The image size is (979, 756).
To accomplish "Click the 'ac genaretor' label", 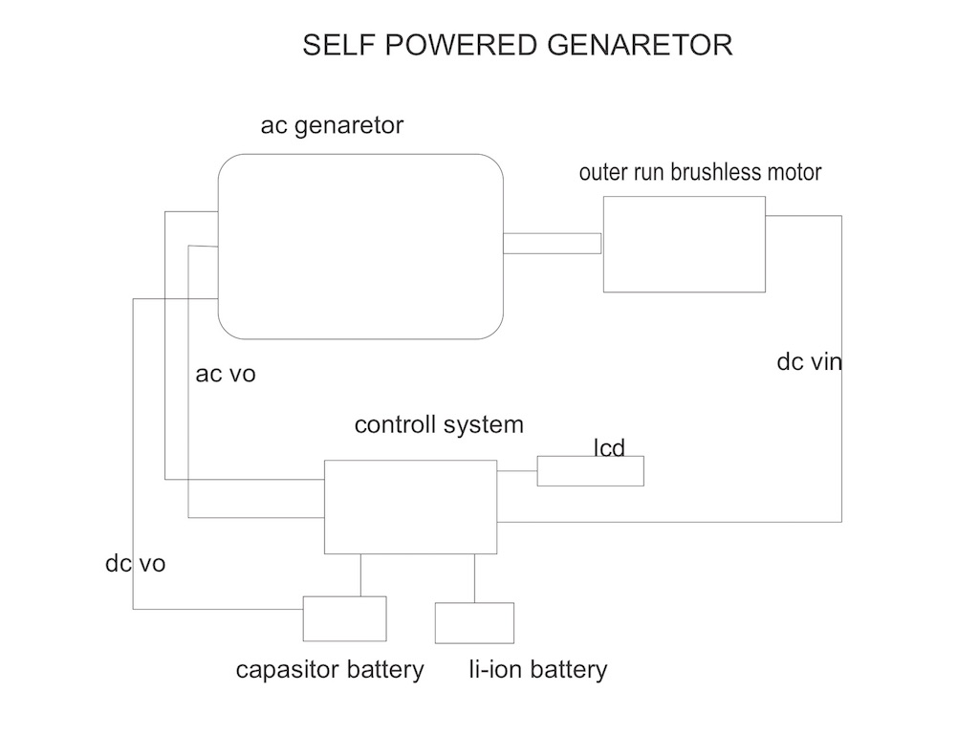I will pyautogui.click(x=332, y=125).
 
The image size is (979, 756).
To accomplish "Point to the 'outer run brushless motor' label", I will pyautogui.click(x=700, y=172).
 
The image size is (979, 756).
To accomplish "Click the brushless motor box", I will pyautogui.click(x=684, y=244).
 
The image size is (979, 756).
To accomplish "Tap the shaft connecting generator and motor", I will pyautogui.click(x=552, y=244).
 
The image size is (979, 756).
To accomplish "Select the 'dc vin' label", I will pyautogui.click(x=810, y=362).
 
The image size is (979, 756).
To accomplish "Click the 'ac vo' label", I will pyautogui.click(x=226, y=374).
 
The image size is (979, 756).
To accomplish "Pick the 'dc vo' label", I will pyautogui.click(x=135, y=564).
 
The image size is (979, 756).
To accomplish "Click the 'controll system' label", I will pyautogui.click(x=439, y=424).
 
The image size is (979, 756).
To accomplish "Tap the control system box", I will pyautogui.click(x=410, y=507).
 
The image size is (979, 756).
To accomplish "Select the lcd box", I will pyautogui.click(x=590, y=471).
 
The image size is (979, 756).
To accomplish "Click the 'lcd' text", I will pyautogui.click(x=609, y=447).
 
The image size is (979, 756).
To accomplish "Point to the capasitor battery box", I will pyautogui.click(x=344, y=618).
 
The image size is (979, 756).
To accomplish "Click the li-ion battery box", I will pyautogui.click(x=474, y=622).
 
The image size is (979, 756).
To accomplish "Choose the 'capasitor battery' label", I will pyautogui.click(x=329, y=669).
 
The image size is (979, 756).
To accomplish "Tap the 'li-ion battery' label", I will pyautogui.click(x=537, y=669).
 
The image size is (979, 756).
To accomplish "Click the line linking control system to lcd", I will pyautogui.click(x=517, y=471).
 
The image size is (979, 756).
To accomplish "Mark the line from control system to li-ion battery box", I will pyautogui.click(x=475, y=578).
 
